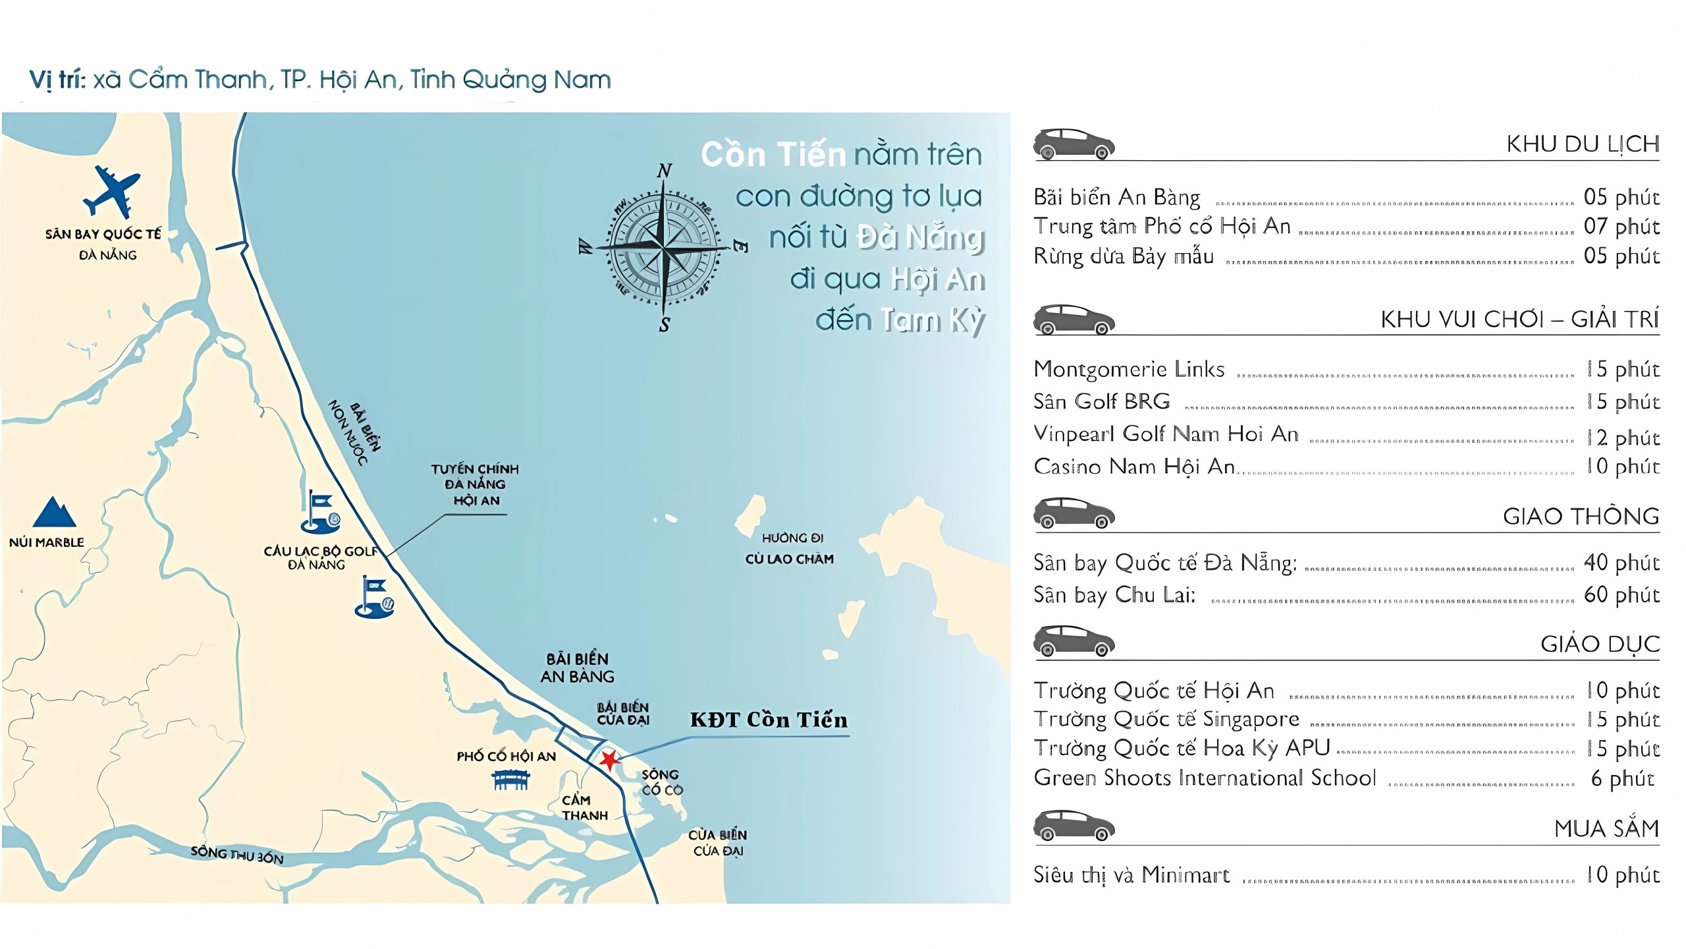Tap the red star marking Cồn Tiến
(609, 760)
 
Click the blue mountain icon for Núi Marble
(54, 513)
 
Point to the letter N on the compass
(665, 171)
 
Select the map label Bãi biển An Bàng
(578, 668)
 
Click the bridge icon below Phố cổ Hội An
(511, 780)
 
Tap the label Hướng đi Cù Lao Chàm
(790, 548)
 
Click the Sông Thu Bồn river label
(237, 855)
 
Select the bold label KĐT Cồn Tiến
(769, 720)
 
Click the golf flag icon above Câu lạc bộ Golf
(321, 513)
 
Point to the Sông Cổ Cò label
(662, 782)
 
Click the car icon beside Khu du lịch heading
(1074, 144)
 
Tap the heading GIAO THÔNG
(1581, 516)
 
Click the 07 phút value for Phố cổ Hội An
(1621, 226)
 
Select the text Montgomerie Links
(1129, 369)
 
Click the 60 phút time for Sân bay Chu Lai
(1621, 594)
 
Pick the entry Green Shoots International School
(1205, 778)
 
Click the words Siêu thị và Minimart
(1131, 875)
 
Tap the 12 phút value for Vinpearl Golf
(1623, 437)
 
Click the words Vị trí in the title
(57, 80)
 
